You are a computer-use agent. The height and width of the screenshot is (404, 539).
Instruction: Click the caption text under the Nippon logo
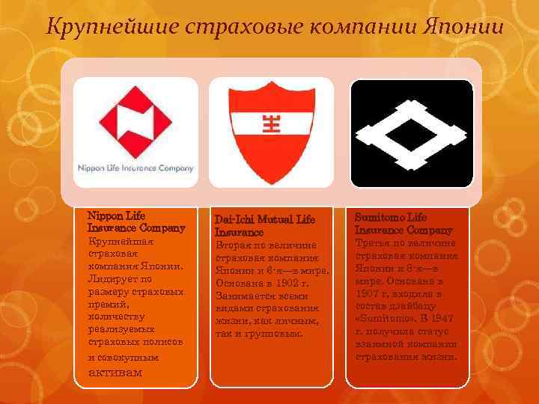135,168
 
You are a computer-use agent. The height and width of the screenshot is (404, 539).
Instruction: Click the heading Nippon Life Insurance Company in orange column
135,221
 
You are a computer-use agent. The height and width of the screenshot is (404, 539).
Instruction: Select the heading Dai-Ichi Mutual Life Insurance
267,225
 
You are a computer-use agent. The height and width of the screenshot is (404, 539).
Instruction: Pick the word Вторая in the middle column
231,245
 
